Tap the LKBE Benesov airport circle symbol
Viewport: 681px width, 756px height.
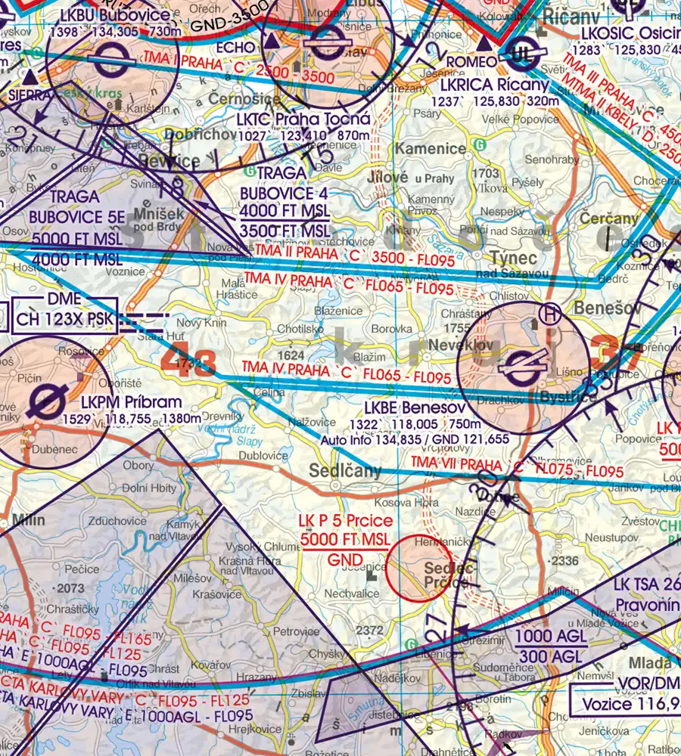[x=524, y=368]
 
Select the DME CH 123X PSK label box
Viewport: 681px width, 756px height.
[x=65, y=310]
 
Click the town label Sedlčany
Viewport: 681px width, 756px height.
[x=345, y=471]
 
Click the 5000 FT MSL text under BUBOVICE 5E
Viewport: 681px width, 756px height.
[x=77, y=239]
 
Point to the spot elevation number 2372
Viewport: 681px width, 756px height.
[x=369, y=630]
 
